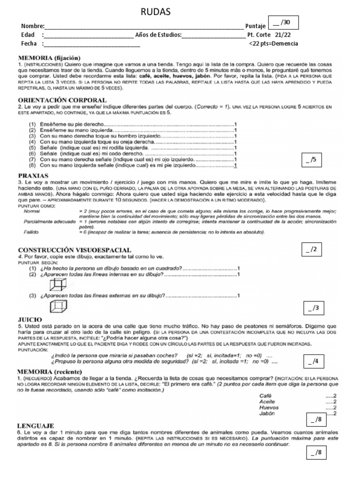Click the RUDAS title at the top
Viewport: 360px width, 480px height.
156,12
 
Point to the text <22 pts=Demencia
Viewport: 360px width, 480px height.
273,44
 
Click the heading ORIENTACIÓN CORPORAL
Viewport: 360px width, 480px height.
62,100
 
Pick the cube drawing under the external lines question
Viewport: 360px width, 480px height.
57,307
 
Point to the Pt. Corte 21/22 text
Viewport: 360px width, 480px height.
272,35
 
